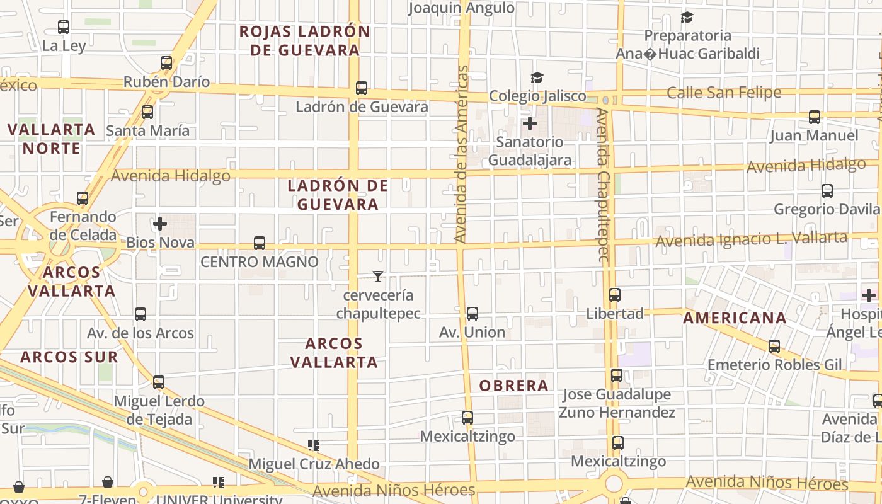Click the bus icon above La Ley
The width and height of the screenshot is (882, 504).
64,27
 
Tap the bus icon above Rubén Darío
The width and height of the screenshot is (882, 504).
166,63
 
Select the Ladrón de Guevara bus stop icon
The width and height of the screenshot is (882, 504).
362,88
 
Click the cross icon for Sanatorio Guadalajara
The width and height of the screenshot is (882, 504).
530,123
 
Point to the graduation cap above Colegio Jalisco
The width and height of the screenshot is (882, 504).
537,77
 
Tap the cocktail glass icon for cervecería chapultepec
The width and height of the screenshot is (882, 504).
378,276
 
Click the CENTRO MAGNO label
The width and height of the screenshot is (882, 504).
260,261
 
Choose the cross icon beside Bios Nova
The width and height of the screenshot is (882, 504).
160,224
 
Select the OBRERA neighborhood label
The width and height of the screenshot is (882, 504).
514,386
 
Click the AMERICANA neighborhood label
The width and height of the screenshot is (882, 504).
735,318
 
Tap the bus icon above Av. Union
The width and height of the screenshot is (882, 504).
472,314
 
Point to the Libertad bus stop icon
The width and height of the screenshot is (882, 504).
615,295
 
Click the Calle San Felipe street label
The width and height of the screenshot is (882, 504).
724,93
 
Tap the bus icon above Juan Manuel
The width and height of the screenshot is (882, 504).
815,117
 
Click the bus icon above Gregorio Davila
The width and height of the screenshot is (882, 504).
827,191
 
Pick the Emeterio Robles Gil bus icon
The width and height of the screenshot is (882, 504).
774,346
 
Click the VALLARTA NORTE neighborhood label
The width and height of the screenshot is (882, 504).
52,139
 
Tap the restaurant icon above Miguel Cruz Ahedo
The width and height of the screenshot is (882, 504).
314,445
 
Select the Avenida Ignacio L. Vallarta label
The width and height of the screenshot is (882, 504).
751,239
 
